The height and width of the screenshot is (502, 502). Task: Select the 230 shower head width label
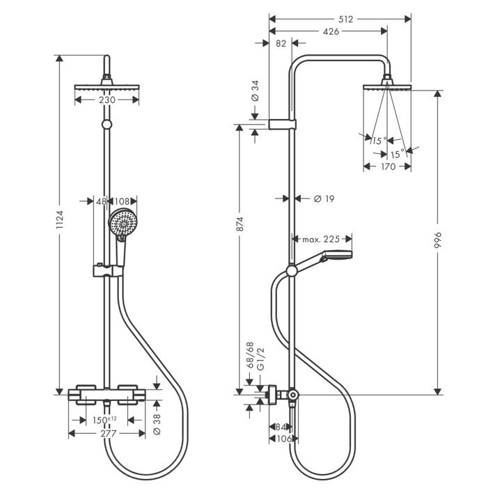(x=107, y=100)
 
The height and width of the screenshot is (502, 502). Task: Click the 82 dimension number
(x=281, y=43)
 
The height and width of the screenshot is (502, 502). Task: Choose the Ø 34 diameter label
(x=255, y=91)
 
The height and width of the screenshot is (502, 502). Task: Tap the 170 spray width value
(x=388, y=167)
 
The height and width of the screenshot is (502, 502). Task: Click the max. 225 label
(x=320, y=240)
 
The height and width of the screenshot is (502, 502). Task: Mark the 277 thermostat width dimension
(x=107, y=434)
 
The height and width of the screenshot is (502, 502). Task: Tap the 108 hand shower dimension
(x=126, y=201)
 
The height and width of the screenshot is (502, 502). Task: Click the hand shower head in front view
(x=121, y=223)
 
